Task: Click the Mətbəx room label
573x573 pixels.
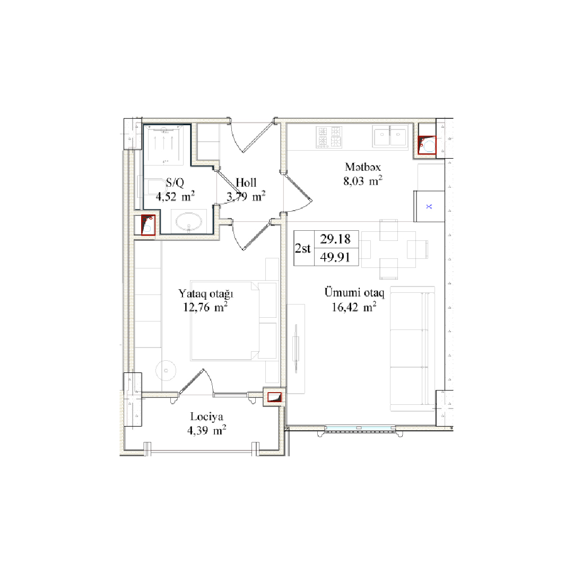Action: pos(362,167)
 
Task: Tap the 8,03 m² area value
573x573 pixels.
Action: pos(362,180)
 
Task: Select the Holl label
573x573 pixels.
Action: pos(246,183)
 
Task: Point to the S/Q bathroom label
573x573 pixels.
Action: pos(175,183)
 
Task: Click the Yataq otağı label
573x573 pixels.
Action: pos(206,294)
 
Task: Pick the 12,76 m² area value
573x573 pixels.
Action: pos(205,307)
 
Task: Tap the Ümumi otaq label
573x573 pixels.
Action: pos(354,293)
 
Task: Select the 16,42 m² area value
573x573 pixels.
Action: pos(354,307)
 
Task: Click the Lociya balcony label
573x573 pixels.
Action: pos(206,416)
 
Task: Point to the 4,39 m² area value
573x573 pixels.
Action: pos(206,430)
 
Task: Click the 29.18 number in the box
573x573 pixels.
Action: pos(335,239)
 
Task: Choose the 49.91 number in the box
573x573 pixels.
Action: pos(335,257)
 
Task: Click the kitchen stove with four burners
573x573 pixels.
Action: pos(329,136)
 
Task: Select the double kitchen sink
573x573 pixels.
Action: pos(390,136)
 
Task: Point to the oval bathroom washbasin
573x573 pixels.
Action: pos(188,221)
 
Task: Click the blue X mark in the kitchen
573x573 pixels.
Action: pos(429,206)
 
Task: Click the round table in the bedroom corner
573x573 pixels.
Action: pos(166,370)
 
